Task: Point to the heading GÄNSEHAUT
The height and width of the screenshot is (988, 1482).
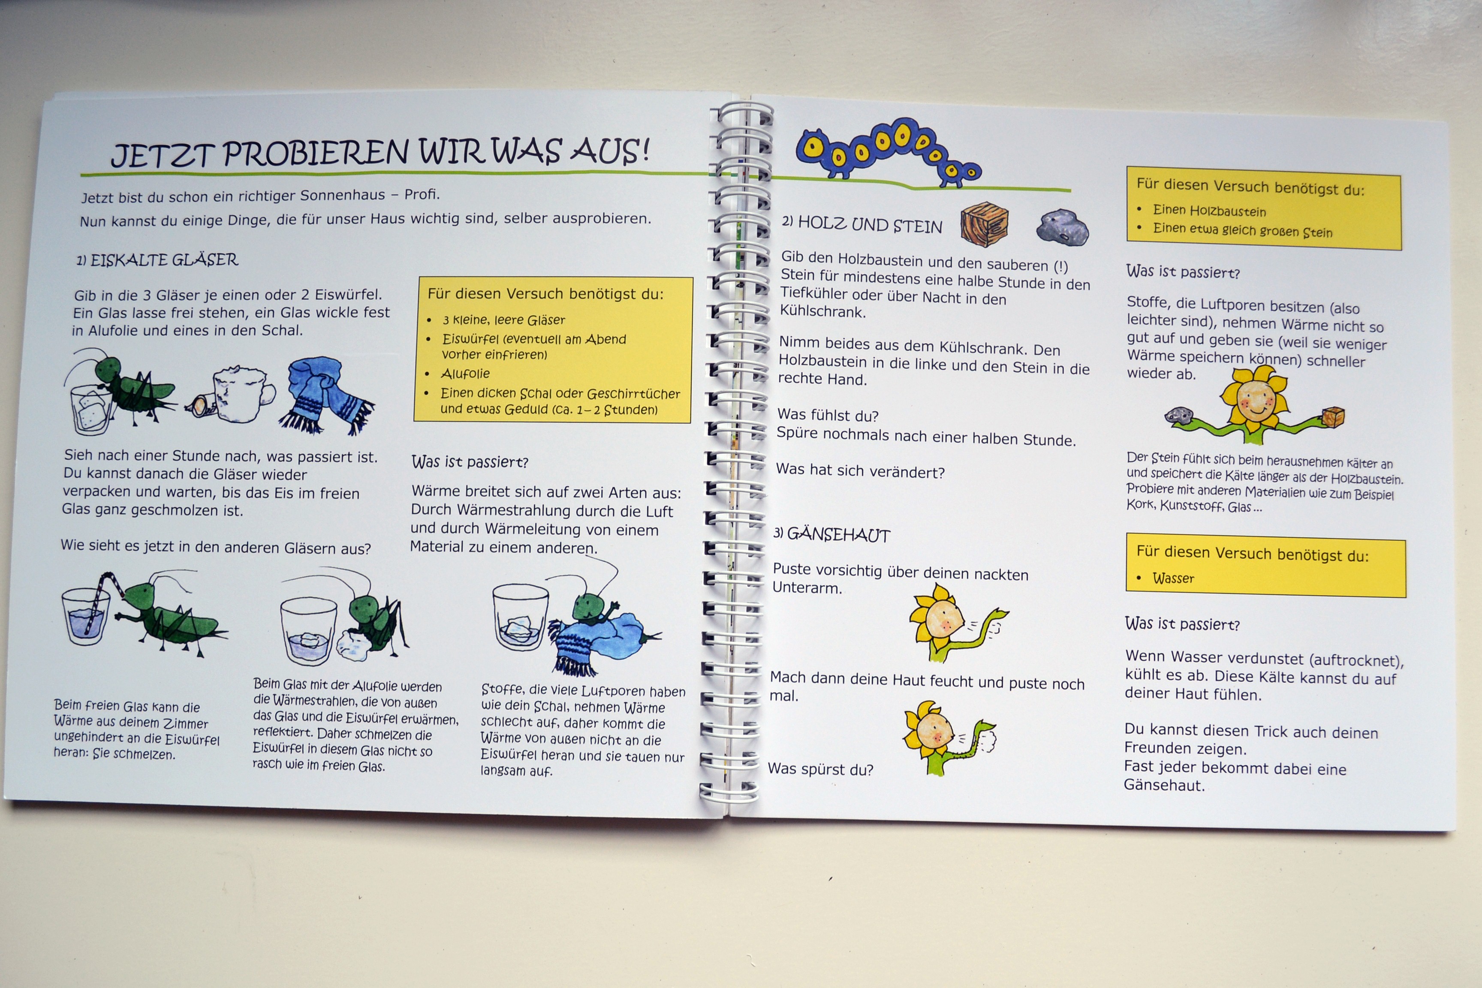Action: pyautogui.click(x=839, y=535)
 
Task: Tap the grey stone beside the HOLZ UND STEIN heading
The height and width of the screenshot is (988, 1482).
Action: pyautogui.click(x=1062, y=227)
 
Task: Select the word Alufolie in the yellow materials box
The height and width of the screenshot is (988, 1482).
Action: pyautogui.click(x=466, y=374)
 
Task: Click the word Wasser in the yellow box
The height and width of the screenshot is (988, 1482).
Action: pyautogui.click(x=1173, y=578)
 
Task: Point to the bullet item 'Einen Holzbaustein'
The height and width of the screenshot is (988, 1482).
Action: pyautogui.click(x=1209, y=211)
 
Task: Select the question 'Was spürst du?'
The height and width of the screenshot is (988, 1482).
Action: pyautogui.click(x=820, y=769)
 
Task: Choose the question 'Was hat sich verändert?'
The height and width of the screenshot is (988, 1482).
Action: pyautogui.click(x=860, y=471)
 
